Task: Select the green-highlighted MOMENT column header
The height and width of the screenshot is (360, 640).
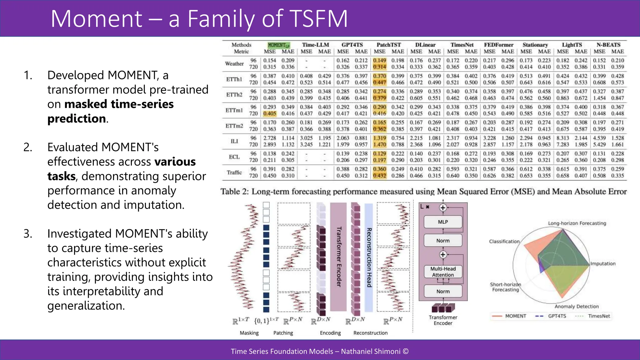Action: tap(279, 45)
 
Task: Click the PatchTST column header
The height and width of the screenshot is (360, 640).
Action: tap(388, 45)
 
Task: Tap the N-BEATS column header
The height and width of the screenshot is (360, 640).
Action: tap(608, 45)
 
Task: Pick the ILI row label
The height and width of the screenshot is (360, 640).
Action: tap(234, 141)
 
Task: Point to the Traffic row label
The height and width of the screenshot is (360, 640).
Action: tap(234, 172)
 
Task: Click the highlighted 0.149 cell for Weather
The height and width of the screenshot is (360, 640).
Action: tap(380, 60)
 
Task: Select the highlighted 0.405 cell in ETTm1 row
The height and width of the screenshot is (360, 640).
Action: tap(270, 114)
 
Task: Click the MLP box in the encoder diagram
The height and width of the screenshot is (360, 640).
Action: tap(443, 222)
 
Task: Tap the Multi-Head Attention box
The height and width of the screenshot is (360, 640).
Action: tap(443, 272)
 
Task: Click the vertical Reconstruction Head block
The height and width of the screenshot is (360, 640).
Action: tap(369, 257)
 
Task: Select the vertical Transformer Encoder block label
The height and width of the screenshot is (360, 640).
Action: tap(338, 257)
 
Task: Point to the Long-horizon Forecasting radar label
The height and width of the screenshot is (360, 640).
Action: tap(577, 223)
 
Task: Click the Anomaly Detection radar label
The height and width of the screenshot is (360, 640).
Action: tap(577, 307)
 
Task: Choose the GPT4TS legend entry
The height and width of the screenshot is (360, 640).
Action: tap(557, 316)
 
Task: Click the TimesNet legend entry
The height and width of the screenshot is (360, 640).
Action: tap(599, 316)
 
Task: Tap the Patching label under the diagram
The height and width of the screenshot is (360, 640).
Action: tap(283, 333)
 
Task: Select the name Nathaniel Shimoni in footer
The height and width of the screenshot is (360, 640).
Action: tap(371, 351)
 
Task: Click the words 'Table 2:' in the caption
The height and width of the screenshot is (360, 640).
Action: tap(234, 192)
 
